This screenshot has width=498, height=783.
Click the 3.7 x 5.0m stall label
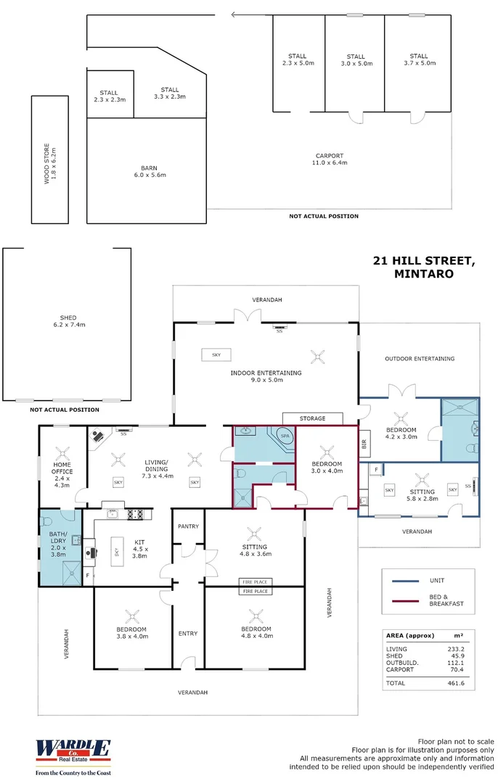[418, 59]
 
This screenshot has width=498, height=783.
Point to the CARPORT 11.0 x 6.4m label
[330, 159]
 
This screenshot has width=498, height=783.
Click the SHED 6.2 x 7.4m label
[68, 321]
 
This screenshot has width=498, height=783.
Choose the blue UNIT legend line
[407, 581]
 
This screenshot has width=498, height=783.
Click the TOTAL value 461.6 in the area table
[455, 683]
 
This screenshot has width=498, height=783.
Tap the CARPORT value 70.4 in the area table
[455, 670]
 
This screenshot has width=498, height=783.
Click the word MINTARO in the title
[423, 274]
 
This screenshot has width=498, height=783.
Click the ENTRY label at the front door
[187, 634]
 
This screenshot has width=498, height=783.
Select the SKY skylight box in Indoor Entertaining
[216, 355]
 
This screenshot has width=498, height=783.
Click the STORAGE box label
[313, 418]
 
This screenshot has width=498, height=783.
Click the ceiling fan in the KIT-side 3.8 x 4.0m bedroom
[132, 616]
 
